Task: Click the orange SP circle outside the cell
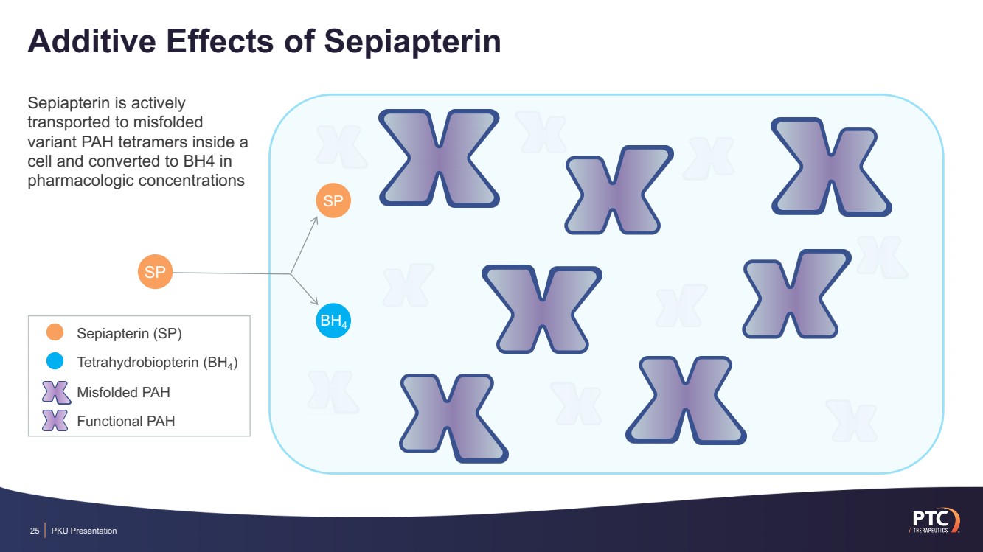coord(155,272)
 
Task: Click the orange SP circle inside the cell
coord(333,201)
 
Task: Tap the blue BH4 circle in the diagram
coord(333,321)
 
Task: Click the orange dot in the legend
coord(55,333)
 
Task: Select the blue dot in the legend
coord(55,362)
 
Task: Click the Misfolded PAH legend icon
coord(56,392)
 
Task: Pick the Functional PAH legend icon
coord(56,421)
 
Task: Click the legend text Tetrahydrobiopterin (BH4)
coord(157,363)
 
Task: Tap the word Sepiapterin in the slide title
coord(413,42)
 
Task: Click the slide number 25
coord(34,531)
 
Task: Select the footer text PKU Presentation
coord(84,531)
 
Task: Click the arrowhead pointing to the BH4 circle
coord(315,303)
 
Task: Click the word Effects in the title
coord(220,42)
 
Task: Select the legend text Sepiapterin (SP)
coord(129,333)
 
